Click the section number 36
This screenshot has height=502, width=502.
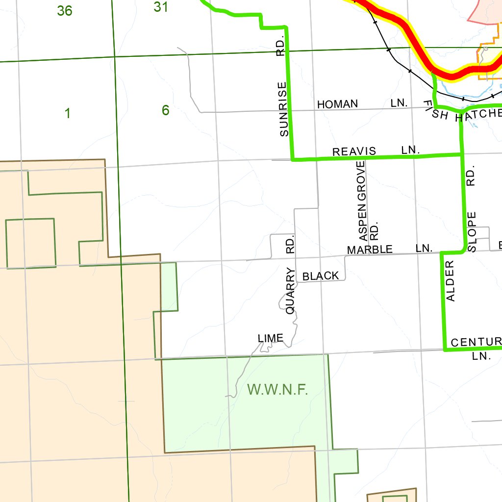[x=65, y=10]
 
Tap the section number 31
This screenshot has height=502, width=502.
[x=161, y=7]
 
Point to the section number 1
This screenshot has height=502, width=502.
[x=68, y=114]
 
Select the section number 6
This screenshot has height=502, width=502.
[x=166, y=111]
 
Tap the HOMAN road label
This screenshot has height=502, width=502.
[x=337, y=104]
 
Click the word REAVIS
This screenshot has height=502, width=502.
[x=354, y=151]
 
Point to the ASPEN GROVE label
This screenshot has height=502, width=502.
[x=362, y=197]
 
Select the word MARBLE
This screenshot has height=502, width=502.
[x=370, y=250]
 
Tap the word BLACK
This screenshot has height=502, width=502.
[x=321, y=276]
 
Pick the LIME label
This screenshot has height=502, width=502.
[x=271, y=338]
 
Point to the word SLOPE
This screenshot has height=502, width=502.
[x=472, y=232]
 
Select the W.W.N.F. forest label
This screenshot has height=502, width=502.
[x=277, y=390]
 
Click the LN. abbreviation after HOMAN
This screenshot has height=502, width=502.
[x=400, y=103]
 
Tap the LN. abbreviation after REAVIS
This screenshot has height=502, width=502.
[x=410, y=150]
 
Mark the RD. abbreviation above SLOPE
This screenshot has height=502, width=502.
[x=471, y=178]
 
